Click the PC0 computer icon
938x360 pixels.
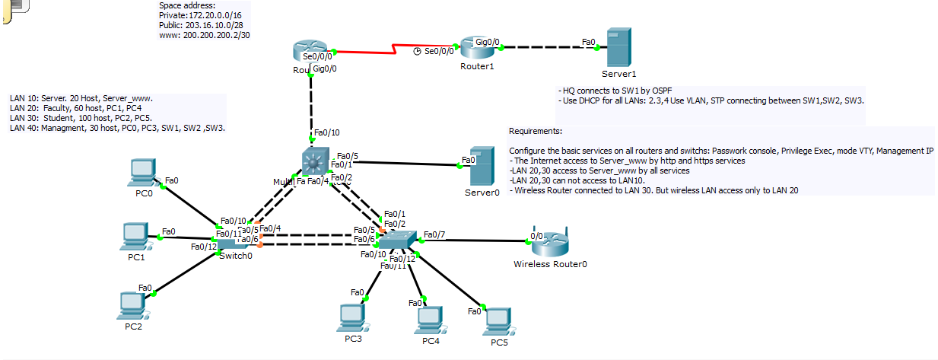tap(141, 172)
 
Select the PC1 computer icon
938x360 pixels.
tap(135, 235)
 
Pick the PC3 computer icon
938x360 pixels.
tap(352, 317)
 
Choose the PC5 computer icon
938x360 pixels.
tap(498, 321)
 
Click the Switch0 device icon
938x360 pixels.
tap(234, 241)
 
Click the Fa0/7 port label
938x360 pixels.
tap(435, 234)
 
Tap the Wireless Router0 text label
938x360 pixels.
tap(550, 264)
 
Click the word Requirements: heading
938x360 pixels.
tap(536, 131)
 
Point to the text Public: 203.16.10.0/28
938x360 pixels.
tap(201, 25)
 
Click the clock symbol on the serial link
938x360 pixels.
tap(417, 52)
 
